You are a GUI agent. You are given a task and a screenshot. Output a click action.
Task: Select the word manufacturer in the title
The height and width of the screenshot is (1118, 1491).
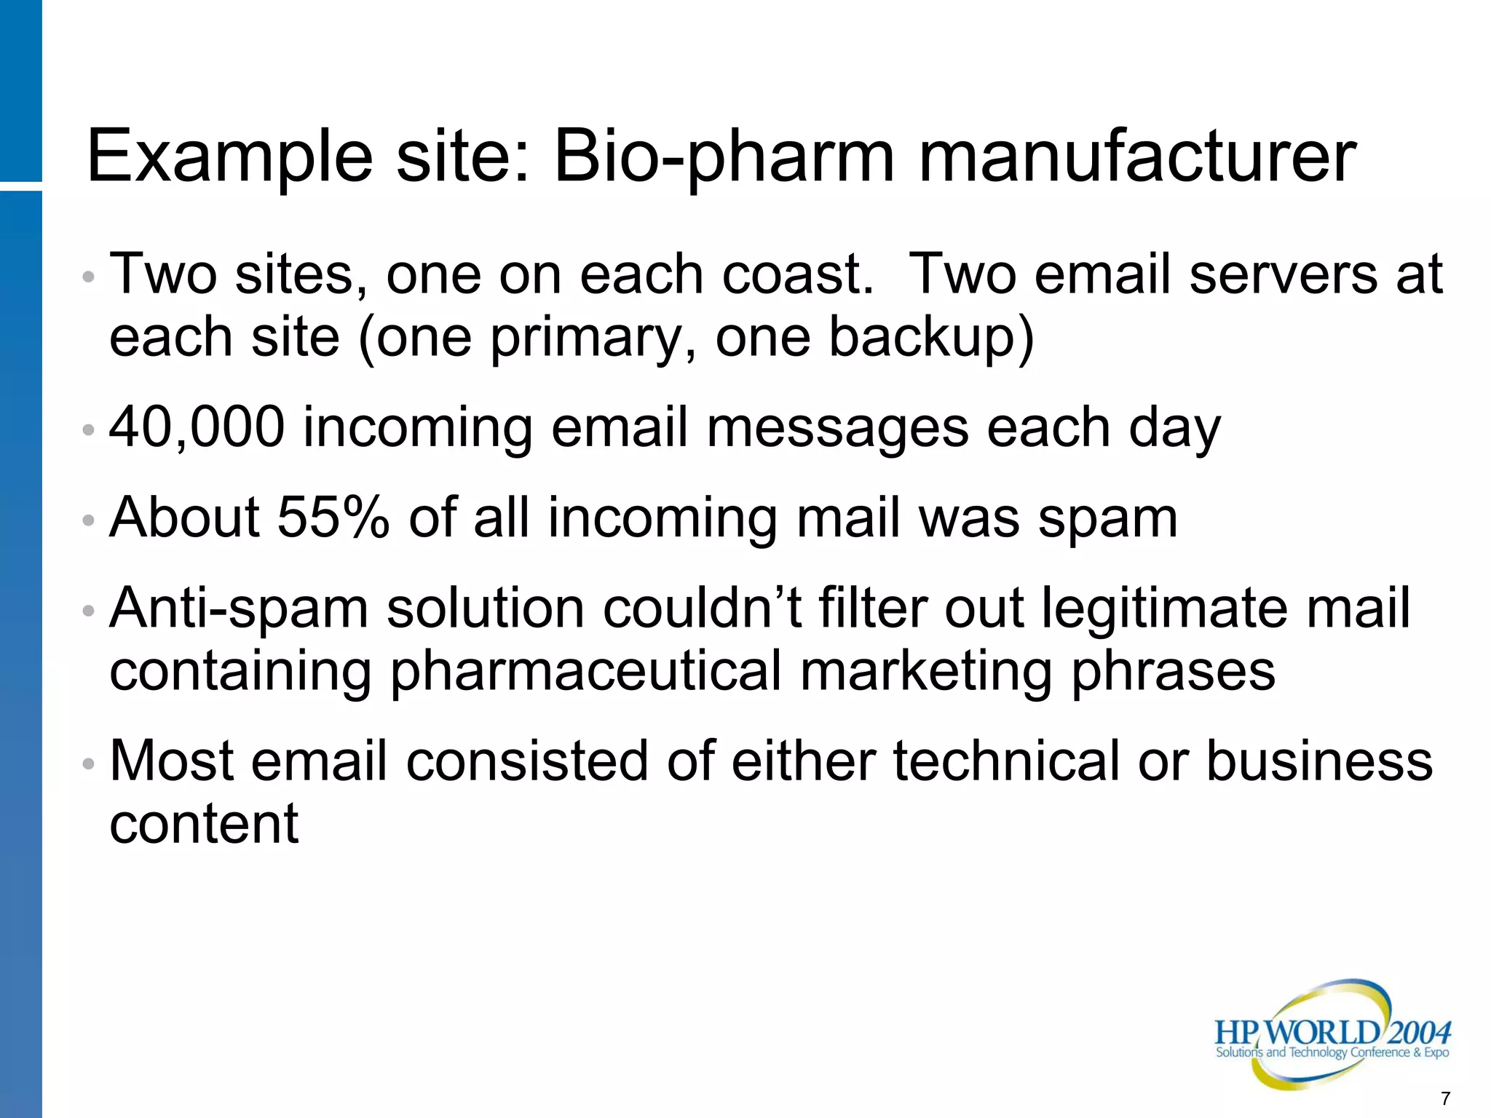[x=1137, y=156]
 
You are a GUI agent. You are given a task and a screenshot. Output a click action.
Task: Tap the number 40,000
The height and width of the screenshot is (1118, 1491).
[x=197, y=428]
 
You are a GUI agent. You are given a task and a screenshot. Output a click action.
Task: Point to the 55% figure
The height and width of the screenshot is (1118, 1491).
[x=333, y=518]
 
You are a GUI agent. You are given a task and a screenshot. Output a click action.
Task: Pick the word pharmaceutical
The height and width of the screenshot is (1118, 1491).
[x=586, y=671]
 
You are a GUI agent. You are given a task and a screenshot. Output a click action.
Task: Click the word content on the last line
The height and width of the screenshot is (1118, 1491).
[x=204, y=824]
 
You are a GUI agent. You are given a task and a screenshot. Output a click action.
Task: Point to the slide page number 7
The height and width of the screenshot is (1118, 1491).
[x=1445, y=1098]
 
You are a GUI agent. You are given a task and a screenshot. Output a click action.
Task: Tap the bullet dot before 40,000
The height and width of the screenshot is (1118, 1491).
[x=89, y=430]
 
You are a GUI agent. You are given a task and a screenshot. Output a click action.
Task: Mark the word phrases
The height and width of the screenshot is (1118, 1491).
[x=1173, y=673]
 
